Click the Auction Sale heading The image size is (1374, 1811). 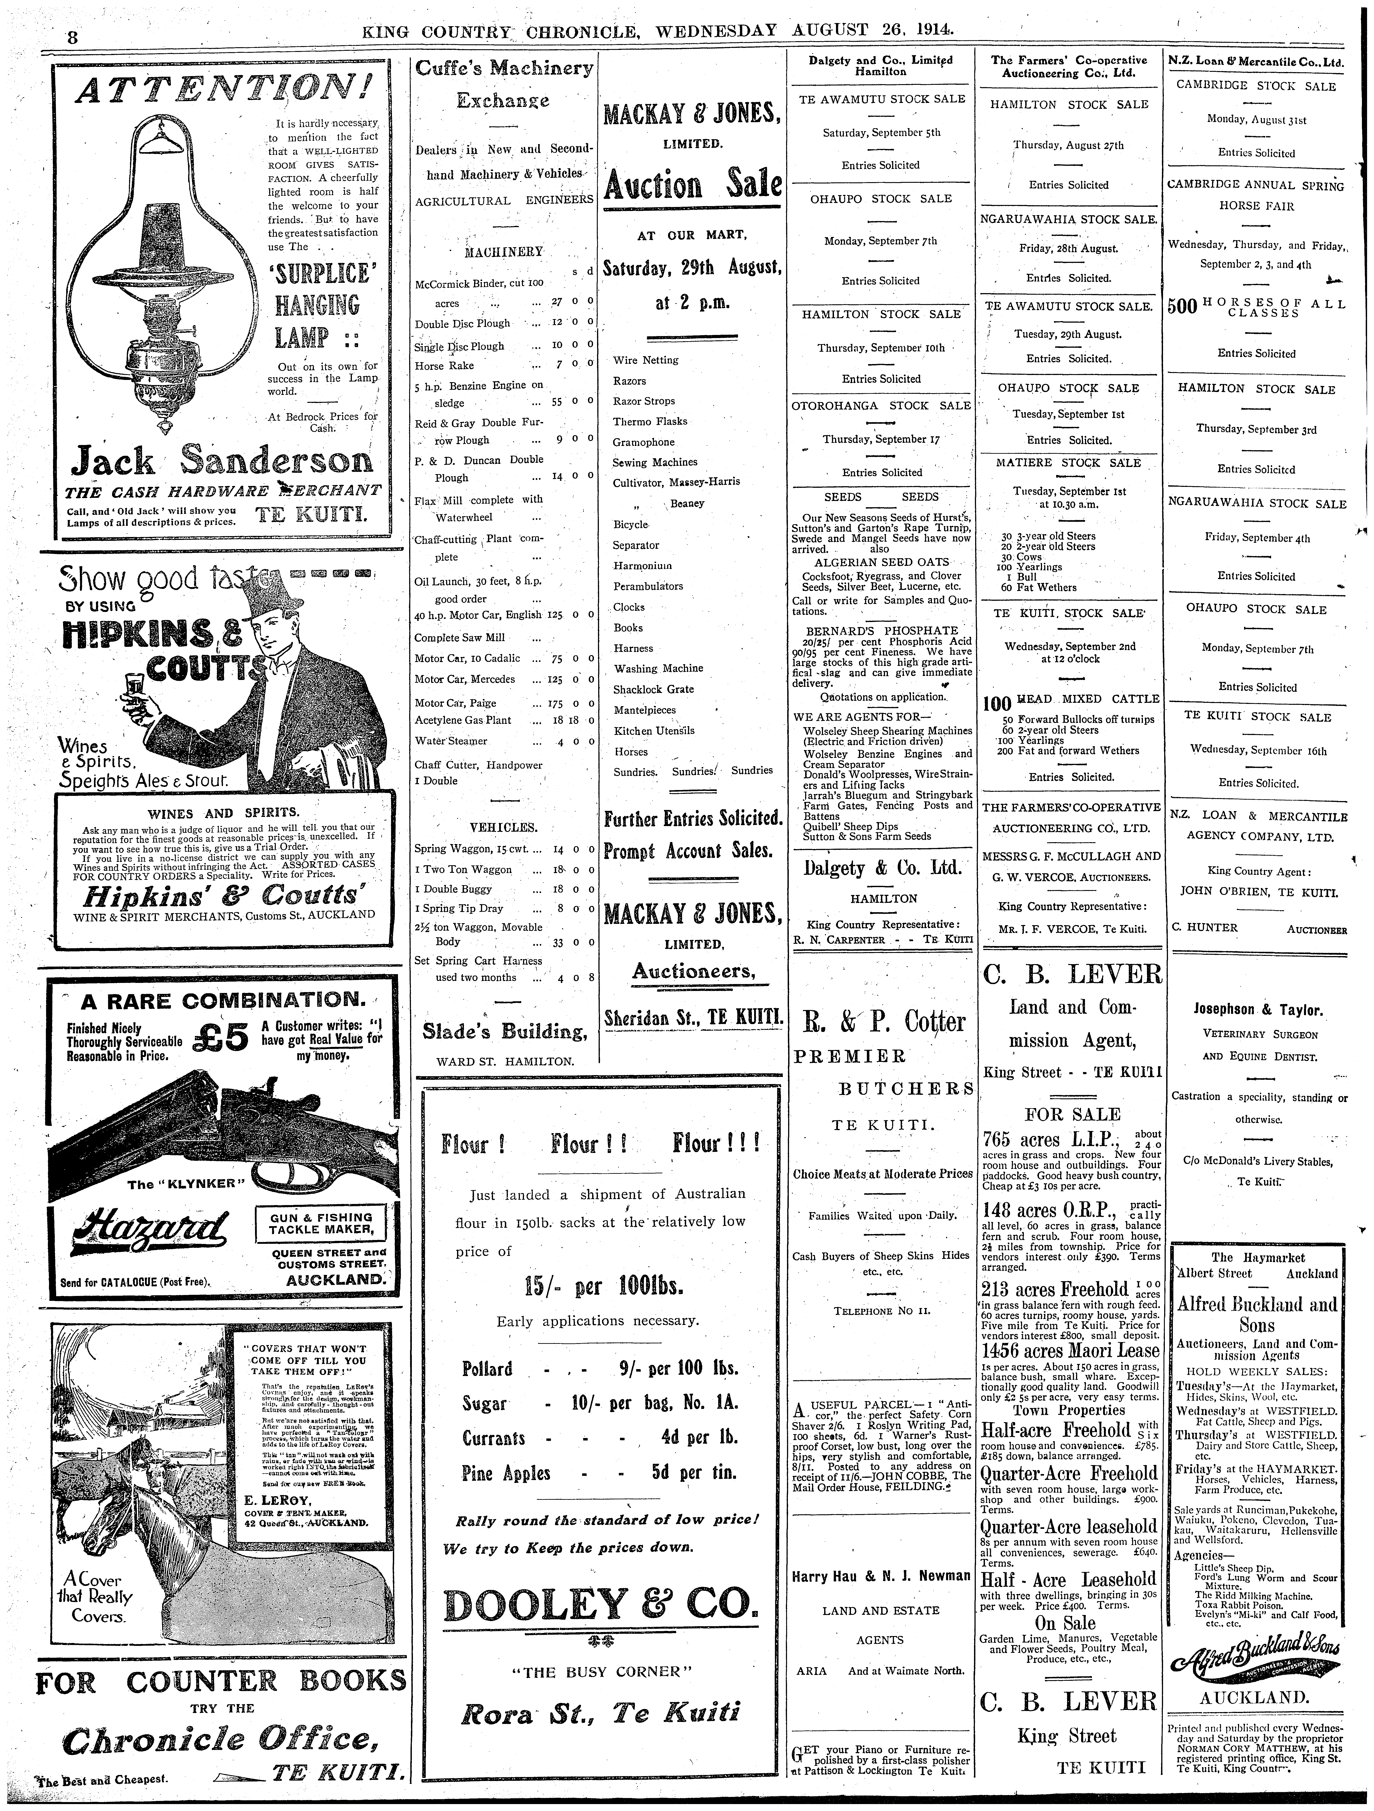click(x=691, y=185)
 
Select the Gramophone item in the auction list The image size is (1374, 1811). click(x=644, y=442)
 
